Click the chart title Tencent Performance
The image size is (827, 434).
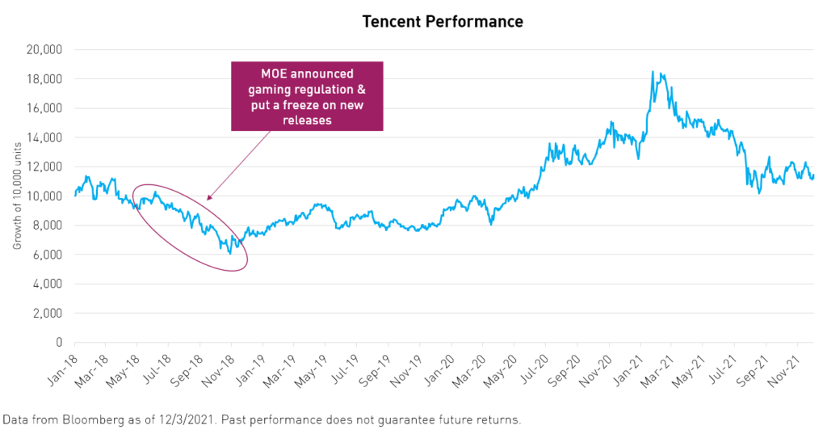pos(442,22)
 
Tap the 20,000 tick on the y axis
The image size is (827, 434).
pos(46,49)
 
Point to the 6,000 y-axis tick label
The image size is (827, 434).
pos(48,255)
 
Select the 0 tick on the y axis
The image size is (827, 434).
pos(59,343)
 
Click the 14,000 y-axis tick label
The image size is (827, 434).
pos(46,137)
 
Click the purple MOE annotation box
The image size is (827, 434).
pos(307,96)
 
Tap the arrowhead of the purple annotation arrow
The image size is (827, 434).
pos(208,197)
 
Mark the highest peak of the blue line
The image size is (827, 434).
pos(652,72)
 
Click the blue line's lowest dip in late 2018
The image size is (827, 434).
pos(230,253)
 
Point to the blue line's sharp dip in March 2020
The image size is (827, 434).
pos(492,223)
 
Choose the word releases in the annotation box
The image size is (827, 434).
pos(306,120)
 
